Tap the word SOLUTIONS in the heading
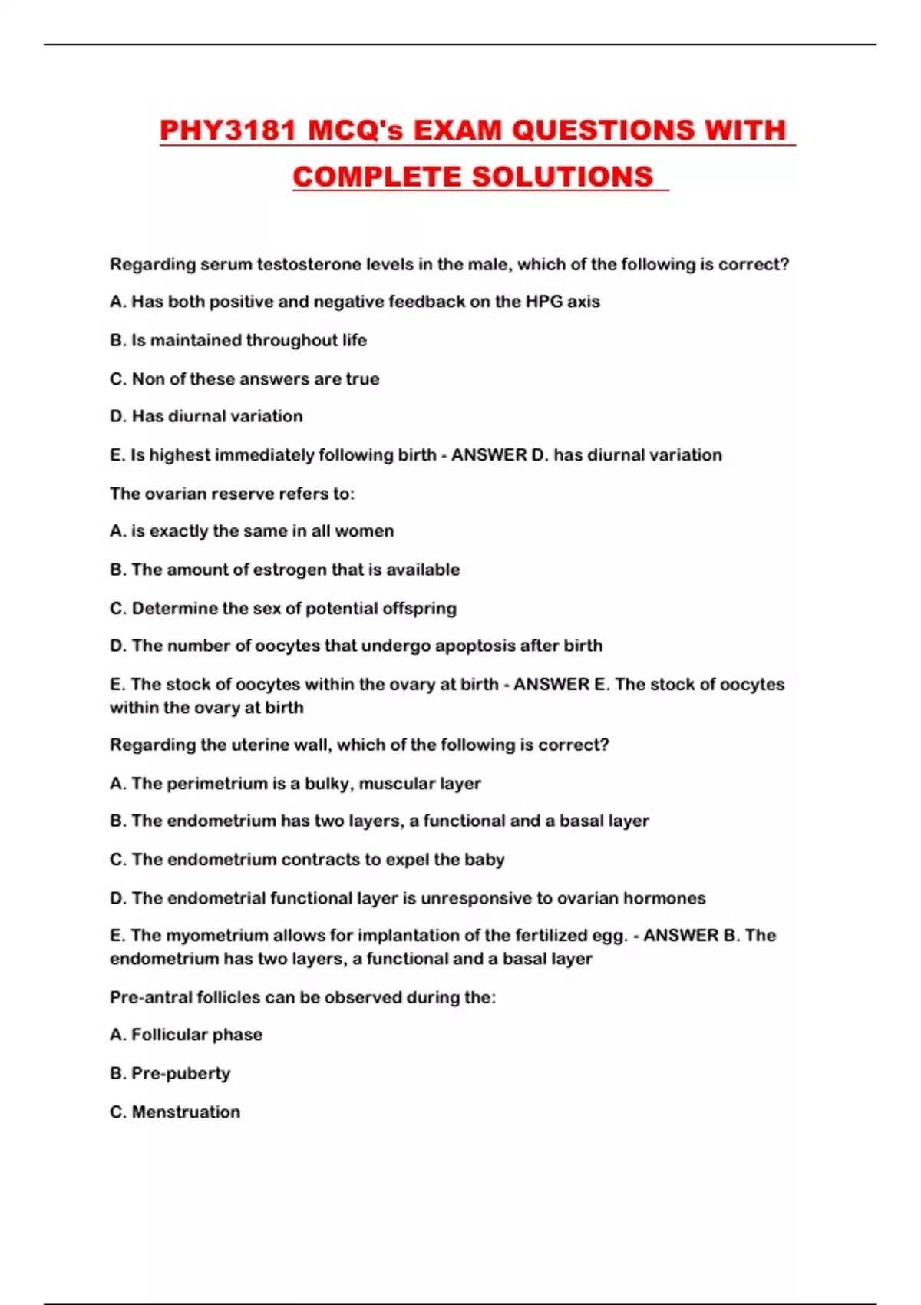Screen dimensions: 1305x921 [562, 177]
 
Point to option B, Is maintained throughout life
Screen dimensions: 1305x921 [238, 340]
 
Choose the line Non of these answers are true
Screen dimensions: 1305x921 [244, 378]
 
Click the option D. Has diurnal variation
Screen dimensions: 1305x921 [206, 416]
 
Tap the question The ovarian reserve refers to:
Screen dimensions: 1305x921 [232, 494]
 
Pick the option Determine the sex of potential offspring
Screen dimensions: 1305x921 [282, 608]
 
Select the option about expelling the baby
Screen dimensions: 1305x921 [307, 860]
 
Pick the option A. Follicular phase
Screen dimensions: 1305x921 [186, 1035]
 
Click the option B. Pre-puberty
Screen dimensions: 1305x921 [170, 1073]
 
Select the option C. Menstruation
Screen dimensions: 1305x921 [175, 1112]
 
